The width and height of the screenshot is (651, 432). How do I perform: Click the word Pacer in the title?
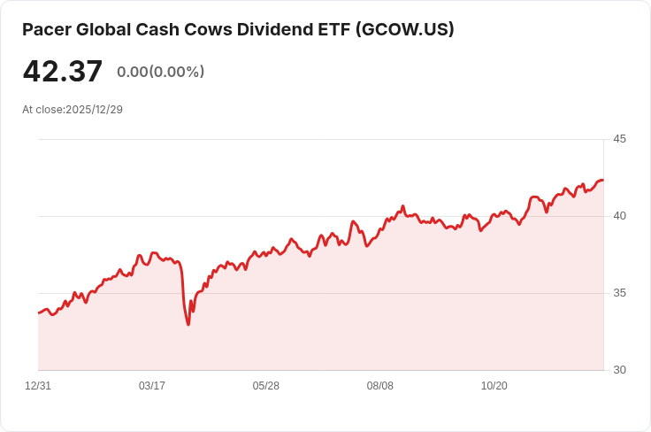point(45,30)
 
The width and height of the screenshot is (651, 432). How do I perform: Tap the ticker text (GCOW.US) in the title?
point(404,30)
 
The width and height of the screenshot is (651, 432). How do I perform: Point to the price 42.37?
point(63,72)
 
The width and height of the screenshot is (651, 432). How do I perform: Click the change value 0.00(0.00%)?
point(160,72)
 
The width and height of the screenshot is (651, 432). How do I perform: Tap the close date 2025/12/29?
point(94,110)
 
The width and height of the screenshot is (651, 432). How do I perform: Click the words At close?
point(42,110)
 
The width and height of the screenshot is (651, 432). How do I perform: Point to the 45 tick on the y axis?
point(619,139)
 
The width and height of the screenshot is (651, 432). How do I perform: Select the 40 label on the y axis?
point(619,216)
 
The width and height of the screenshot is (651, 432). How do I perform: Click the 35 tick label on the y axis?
point(619,293)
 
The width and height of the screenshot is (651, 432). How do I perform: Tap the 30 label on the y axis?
point(619,370)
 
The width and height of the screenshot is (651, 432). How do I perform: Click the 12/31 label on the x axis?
point(38,386)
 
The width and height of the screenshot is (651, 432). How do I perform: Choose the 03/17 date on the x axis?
point(152,386)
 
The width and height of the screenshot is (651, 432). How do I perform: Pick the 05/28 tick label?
point(266,386)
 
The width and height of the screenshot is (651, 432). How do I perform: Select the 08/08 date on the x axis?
point(380,386)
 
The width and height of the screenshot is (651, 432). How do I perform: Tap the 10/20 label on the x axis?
point(494,386)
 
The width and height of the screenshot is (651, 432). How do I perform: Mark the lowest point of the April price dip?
point(188,325)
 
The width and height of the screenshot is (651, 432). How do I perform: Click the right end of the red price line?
point(603,181)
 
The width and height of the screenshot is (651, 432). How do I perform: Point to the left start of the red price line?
point(38,312)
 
